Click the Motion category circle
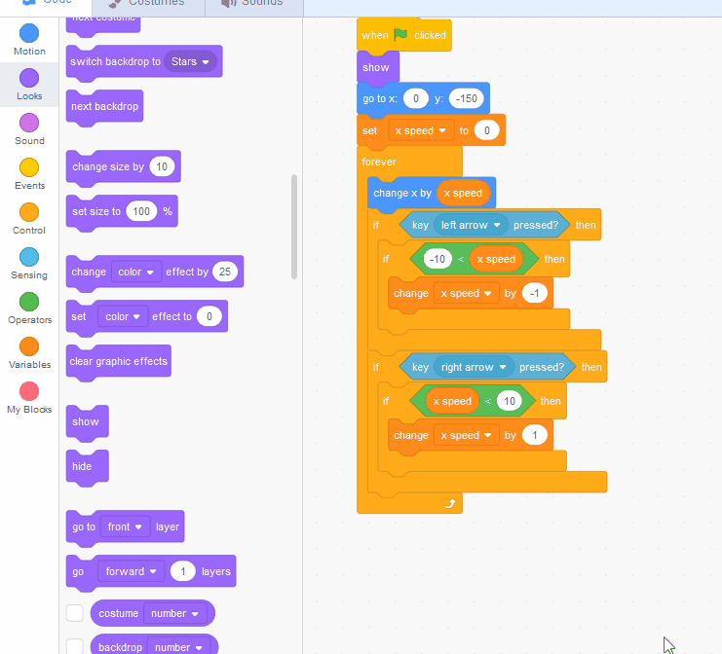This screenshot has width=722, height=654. (x=29, y=32)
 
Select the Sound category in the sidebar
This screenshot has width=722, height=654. (x=29, y=122)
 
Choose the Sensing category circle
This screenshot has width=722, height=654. (x=29, y=256)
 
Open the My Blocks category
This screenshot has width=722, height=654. (x=29, y=390)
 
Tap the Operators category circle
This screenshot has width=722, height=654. (x=29, y=301)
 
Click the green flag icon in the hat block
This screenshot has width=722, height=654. (x=400, y=34)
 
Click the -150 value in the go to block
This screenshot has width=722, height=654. (x=466, y=98)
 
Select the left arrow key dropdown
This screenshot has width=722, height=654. (x=472, y=225)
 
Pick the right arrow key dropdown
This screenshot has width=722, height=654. (x=475, y=367)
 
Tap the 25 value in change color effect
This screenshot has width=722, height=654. (x=225, y=272)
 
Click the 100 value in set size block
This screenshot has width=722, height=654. (x=141, y=211)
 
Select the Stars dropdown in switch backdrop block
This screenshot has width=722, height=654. (x=190, y=61)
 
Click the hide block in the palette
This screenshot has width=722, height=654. (x=83, y=466)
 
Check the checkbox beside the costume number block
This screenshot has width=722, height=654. (x=74, y=613)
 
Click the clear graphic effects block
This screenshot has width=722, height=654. (x=118, y=361)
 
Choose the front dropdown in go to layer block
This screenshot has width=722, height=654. (x=125, y=527)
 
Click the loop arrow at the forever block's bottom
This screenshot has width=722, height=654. (x=449, y=502)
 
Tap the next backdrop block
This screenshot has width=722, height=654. (x=104, y=106)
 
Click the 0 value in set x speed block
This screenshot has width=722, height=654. (x=487, y=130)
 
